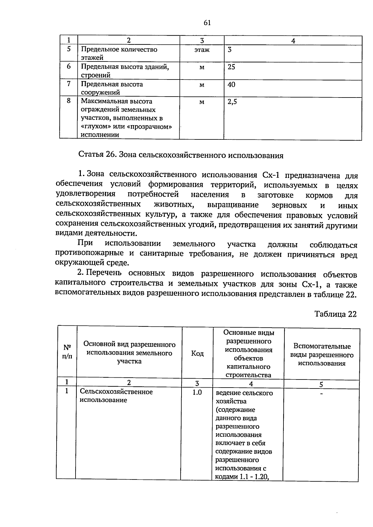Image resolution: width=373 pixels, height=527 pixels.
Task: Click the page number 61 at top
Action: pyautogui.click(x=207, y=22)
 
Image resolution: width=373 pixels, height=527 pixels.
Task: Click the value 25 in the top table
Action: pyautogui.click(x=231, y=67)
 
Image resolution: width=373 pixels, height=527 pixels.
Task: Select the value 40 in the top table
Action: pyautogui.click(x=231, y=84)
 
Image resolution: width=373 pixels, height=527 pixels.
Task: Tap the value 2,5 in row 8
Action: pyautogui.click(x=232, y=102)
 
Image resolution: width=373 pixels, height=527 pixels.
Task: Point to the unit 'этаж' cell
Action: pyautogui.click(x=202, y=50)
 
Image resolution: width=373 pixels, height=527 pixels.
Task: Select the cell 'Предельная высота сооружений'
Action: pyautogui.click(x=112, y=88)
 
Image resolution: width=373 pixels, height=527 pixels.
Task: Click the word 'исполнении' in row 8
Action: pyautogui.click(x=100, y=135)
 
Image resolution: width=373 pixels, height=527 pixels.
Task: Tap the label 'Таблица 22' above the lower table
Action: pyautogui.click(x=335, y=314)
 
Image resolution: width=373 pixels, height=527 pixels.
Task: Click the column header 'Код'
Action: pyautogui.click(x=197, y=353)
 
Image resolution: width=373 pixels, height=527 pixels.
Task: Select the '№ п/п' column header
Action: pyautogui.click(x=67, y=352)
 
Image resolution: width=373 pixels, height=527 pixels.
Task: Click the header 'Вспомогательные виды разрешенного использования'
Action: pyautogui.click(x=322, y=355)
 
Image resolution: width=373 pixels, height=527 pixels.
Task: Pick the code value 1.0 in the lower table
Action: pyautogui.click(x=197, y=393)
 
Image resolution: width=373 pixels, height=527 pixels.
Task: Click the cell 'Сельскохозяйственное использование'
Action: pyautogui.click(x=116, y=396)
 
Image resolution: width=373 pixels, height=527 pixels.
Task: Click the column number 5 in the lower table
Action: pyautogui.click(x=321, y=384)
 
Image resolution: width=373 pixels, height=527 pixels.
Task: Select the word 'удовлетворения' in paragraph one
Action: pyautogui.click(x=85, y=194)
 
